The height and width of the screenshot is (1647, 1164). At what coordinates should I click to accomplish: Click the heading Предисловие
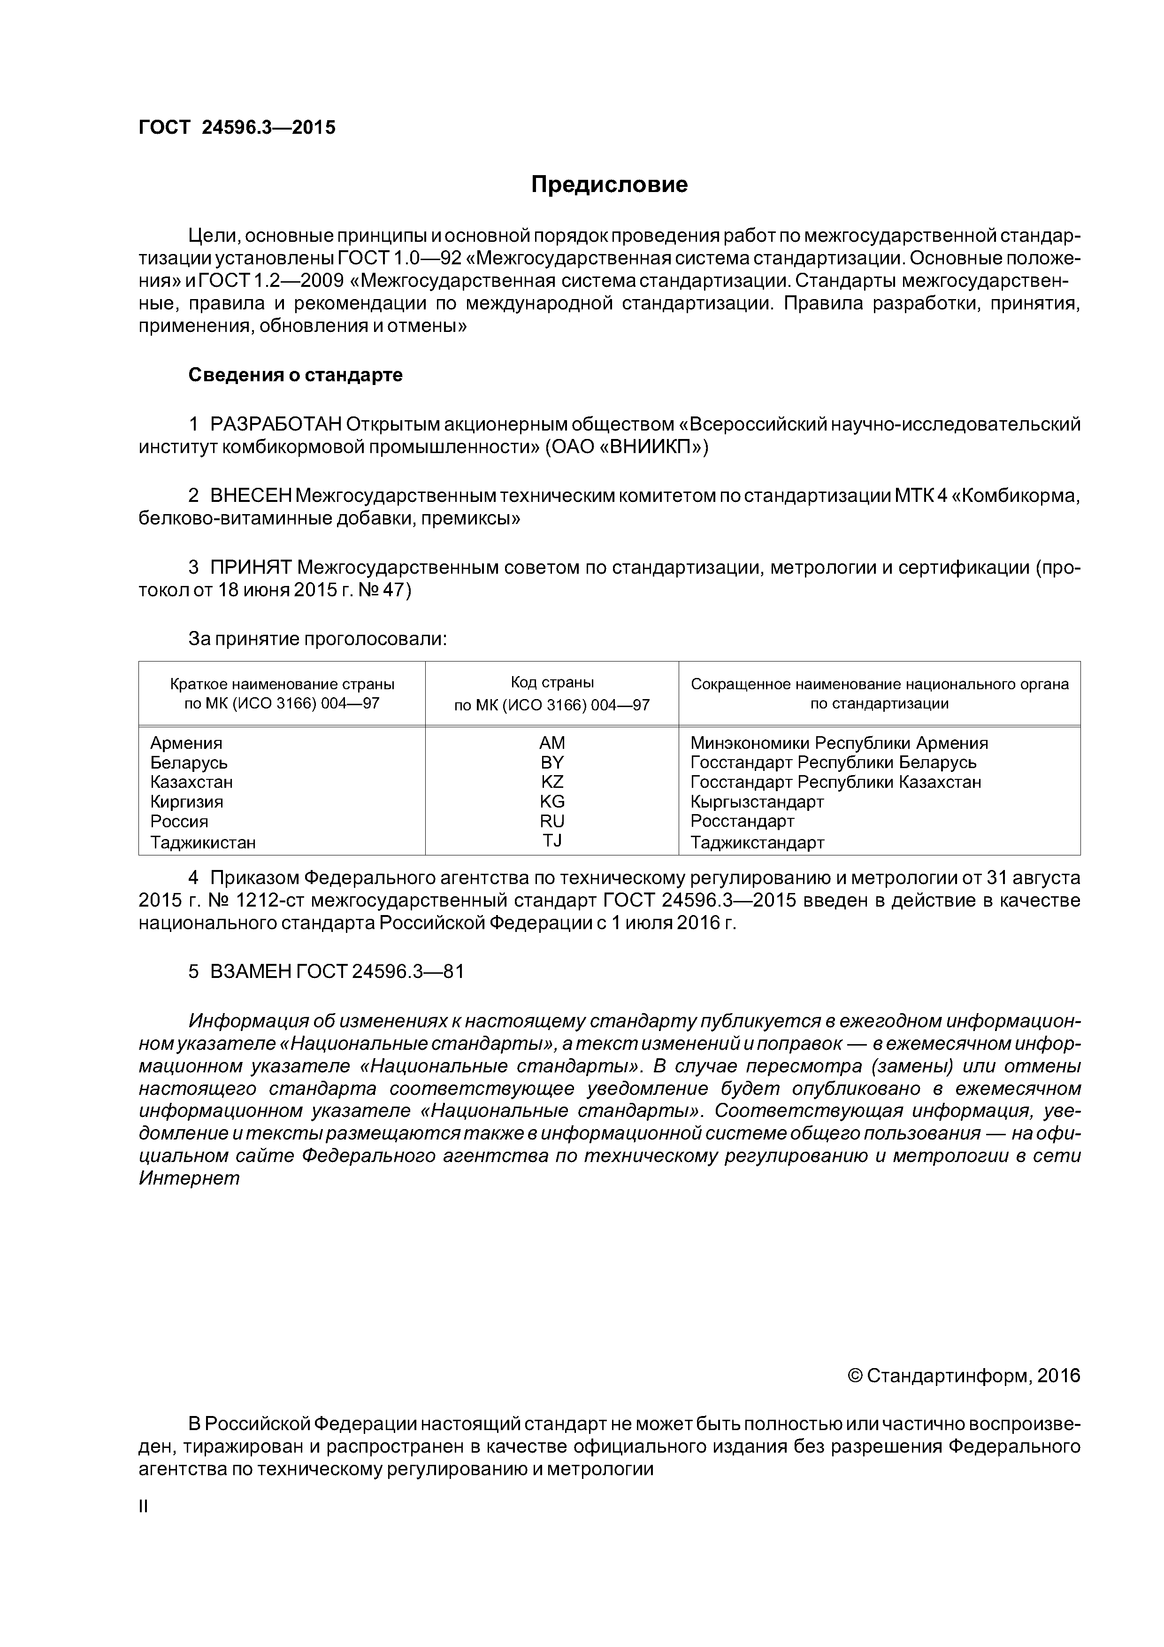point(609,185)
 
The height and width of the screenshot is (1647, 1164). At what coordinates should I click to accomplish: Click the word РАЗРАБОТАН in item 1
point(276,425)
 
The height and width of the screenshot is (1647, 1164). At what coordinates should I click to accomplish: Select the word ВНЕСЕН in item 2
point(251,496)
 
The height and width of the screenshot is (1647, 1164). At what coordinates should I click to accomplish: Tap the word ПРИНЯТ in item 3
point(251,568)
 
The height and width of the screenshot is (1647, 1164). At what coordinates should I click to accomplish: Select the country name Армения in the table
point(186,743)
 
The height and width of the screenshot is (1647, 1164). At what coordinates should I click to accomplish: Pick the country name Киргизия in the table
point(186,802)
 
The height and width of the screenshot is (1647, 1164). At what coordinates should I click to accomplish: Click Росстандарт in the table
point(743,821)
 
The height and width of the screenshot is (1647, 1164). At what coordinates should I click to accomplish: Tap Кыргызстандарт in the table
point(757,802)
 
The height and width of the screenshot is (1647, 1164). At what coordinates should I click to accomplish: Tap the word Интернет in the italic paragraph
point(189,1178)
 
